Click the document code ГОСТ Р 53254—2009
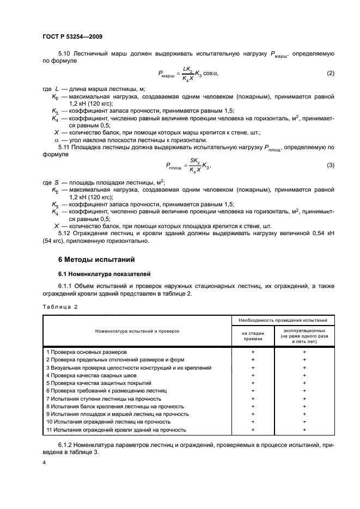click(72, 36)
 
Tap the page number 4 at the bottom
click(45, 462)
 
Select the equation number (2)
click(330, 73)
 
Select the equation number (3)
click(330, 165)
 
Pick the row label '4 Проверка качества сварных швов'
click(92, 376)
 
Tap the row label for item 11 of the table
click(116, 430)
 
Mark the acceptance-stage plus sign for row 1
click(253, 352)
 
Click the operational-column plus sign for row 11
click(304, 430)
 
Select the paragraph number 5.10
click(64, 54)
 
